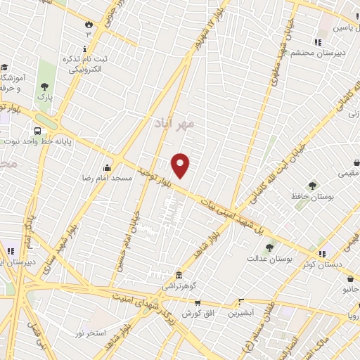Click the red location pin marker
(181, 165)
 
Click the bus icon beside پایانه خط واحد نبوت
(37, 131)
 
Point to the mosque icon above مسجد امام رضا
(106, 167)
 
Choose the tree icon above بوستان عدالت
(269, 247)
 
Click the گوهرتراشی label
(180, 286)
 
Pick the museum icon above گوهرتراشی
(179, 275)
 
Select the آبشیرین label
(241, 312)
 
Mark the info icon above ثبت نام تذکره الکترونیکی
(85, 49)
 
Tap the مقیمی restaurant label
(348, 172)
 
